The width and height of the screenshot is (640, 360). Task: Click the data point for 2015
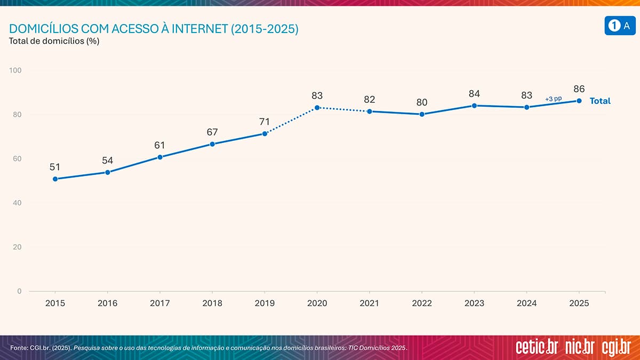[55, 179]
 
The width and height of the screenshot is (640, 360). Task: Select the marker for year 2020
[317, 108]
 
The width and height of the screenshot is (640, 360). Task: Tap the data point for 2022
[422, 114]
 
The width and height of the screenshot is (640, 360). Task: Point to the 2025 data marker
[579, 101]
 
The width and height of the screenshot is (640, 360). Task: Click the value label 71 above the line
[265, 122]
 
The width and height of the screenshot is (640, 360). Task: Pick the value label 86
[579, 89]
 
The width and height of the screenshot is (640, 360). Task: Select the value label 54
[108, 161]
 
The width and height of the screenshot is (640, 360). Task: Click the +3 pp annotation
[553, 99]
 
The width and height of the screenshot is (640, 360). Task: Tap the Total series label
[600, 101]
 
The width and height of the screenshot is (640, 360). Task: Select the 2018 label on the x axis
[212, 303]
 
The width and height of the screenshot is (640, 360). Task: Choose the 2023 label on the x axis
[474, 303]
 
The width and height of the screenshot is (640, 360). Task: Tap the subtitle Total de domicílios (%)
[54, 41]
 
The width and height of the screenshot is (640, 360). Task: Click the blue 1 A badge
[619, 26]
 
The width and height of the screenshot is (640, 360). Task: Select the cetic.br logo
[537, 347]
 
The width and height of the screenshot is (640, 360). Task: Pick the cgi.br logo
[616, 347]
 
